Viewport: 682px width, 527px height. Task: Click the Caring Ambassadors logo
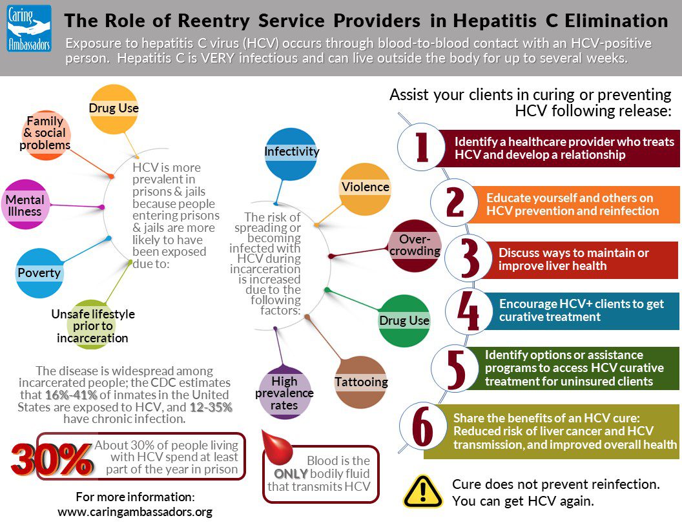[x=30, y=28]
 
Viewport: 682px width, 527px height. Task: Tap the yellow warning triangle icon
[x=422, y=491]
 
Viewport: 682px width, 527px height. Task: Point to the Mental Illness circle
[x=25, y=204]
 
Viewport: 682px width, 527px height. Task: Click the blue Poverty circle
[x=39, y=273]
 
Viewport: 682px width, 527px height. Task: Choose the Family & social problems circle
[x=45, y=134]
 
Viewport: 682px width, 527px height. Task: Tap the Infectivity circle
[x=291, y=153]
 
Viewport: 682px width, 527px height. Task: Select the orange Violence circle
[x=366, y=188]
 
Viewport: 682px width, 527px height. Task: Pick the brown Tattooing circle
[x=361, y=382]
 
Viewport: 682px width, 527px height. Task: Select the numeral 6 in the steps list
[x=422, y=427]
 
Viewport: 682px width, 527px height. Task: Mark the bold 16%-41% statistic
[x=70, y=395]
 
